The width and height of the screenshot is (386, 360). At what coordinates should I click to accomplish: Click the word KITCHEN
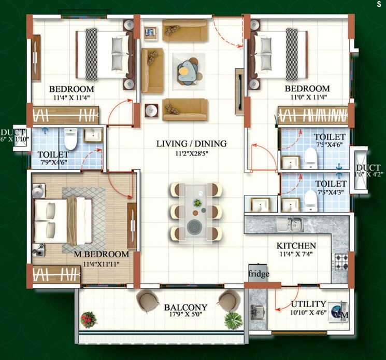click(296, 246)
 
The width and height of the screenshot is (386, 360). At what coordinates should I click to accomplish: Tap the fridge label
click(259, 274)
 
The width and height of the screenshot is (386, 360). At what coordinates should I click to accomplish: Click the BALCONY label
click(185, 307)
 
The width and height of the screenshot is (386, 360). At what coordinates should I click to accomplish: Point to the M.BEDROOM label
click(101, 254)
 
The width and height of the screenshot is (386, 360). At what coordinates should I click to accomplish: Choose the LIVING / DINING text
click(192, 144)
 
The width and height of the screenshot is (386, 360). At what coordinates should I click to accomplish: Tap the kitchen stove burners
click(341, 261)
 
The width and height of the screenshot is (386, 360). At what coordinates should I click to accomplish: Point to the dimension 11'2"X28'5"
click(192, 153)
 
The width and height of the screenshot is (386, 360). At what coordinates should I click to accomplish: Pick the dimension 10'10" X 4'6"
click(308, 312)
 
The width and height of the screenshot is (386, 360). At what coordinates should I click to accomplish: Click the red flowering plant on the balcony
click(89, 319)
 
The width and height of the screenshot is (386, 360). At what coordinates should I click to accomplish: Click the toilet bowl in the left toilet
click(70, 139)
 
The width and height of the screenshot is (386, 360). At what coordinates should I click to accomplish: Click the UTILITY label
click(308, 304)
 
